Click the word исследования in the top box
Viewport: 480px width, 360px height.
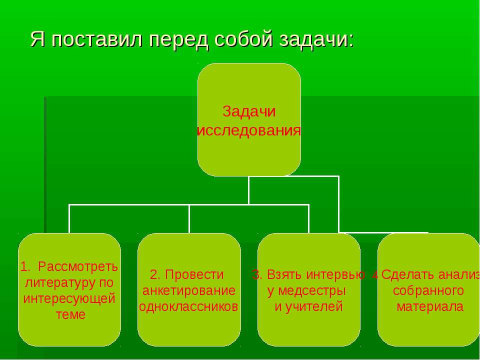pyautogui.click(x=249, y=131)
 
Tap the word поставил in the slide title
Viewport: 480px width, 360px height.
pyautogui.click(x=94, y=38)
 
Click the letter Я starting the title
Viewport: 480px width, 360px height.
pyautogui.click(x=36, y=38)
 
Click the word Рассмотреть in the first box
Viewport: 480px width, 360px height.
pyautogui.click(x=78, y=265)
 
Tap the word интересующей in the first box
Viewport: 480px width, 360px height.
pyautogui.click(x=69, y=298)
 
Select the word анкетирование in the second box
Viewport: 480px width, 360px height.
pyautogui.click(x=189, y=290)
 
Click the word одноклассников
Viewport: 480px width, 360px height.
pyautogui.click(x=189, y=306)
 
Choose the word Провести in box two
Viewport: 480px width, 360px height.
pyautogui.click(x=194, y=274)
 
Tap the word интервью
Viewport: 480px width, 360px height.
pyautogui.click(x=335, y=274)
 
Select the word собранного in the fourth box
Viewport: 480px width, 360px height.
pyautogui.click(x=428, y=290)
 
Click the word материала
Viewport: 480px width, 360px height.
pyautogui.click(x=429, y=306)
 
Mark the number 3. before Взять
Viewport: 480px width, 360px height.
pyautogui.click(x=257, y=274)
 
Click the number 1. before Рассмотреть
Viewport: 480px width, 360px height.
pyautogui.click(x=25, y=265)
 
